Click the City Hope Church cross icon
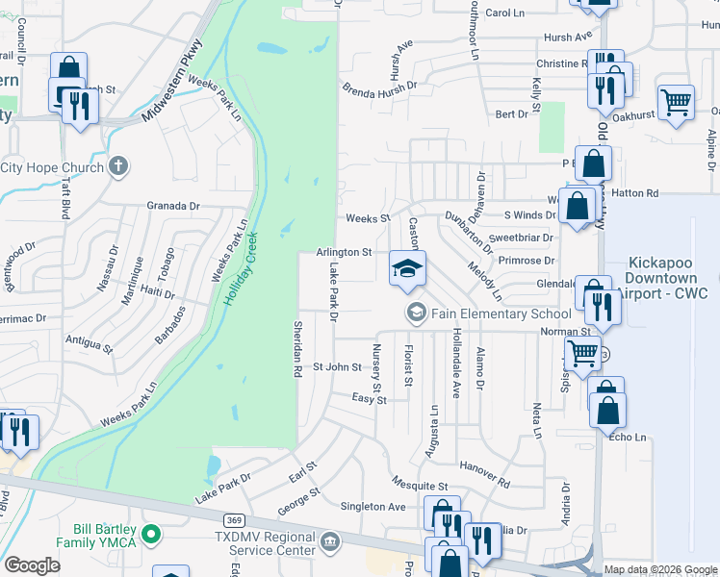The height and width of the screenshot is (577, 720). [x=118, y=166]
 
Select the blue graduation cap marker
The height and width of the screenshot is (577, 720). [x=407, y=268]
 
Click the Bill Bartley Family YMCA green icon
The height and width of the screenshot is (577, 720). [x=150, y=533]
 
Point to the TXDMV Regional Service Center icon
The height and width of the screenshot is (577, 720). [x=330, y=542]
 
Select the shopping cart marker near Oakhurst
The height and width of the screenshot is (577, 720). [x=677, y=102]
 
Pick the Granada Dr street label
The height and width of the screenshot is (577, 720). [x=173, y=206]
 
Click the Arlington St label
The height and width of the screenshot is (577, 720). [x=344, y=252]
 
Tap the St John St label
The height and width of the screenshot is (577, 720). [x=336, y=367]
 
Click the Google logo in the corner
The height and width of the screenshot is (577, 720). [x=33, y=565]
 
